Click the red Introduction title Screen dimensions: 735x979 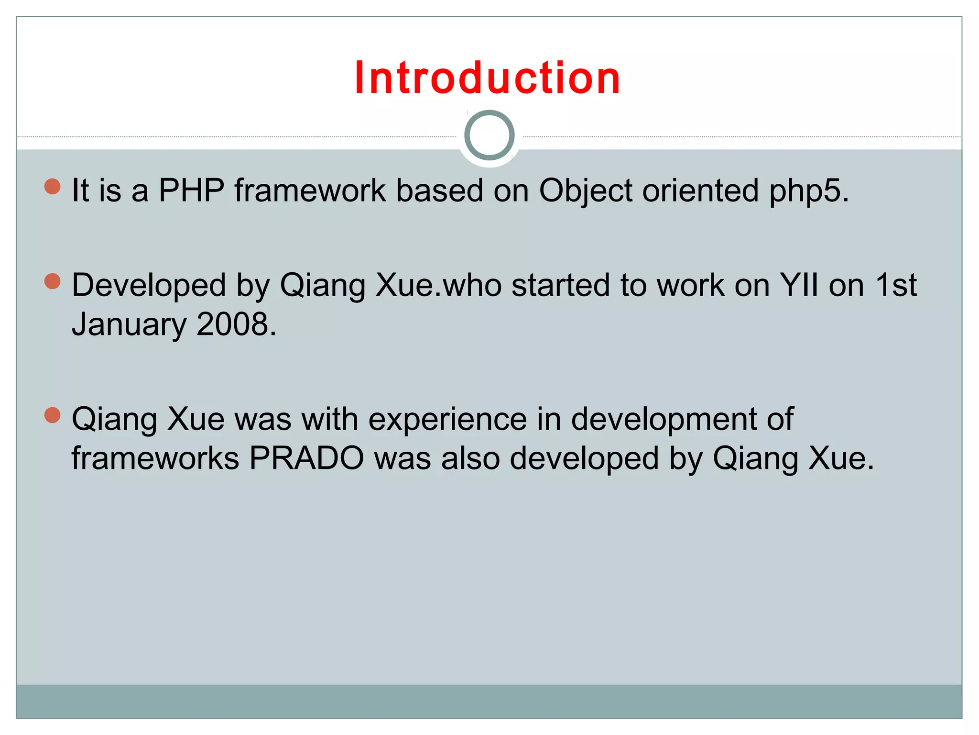coord(487,78)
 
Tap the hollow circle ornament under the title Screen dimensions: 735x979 coord(489,135)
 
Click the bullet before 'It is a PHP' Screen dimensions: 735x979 coord(52,186)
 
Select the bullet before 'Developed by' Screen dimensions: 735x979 coord(52,281)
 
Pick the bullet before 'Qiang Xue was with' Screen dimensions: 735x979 coord(52,415)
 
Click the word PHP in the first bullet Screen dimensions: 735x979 coord(191,190)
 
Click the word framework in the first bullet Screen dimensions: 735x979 coord(310,190)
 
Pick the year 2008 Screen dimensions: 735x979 coord(233,324)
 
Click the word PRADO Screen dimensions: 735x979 coord(306,458)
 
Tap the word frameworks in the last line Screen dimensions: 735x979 coord(155,458)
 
